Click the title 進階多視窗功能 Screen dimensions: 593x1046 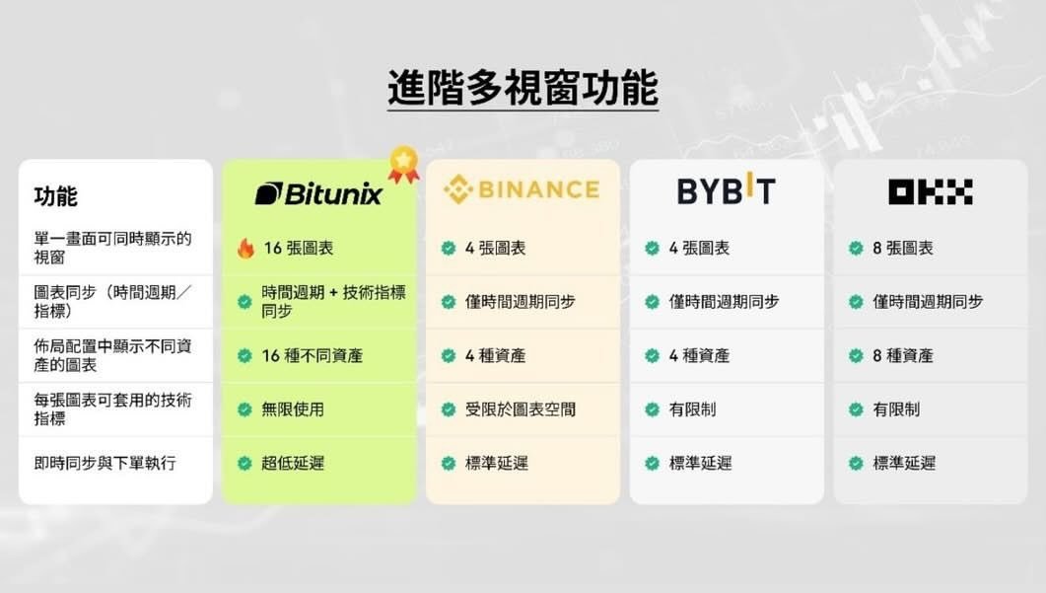pyautogui.click(x=523, y=88)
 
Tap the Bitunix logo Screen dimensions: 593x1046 pyautogui.click(x=318, y=192)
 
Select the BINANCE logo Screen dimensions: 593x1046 pyautogui.click(x=522, y=188)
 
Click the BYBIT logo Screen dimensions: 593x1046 pyautogui.click(x=726, y=189)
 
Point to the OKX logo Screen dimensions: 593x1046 pyautogui.click(x=930, y=191)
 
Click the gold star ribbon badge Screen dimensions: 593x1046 pyautogui.click(x=402, y=164)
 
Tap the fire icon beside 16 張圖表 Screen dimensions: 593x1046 pyautogui.click(x=245, y=249)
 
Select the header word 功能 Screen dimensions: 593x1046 pyautogui.click(x=55, y=195)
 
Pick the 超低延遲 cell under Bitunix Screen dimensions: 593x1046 pyautogui.click(x=293, y=463)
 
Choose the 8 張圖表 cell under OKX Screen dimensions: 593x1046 pyautogui.click(x=902, y=249)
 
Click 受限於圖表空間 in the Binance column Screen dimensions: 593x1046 pyautogui.click(x=520, y=409)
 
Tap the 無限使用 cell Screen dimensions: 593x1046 pyautogui.click(x=293, y=409)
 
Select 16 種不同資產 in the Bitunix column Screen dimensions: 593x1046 pyautogui.click(x=312, y=355)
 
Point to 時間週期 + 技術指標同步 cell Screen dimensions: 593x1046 pyautogui.click(x=333, y=301)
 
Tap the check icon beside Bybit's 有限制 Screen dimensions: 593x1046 pyautogui.click(x=652, y=409)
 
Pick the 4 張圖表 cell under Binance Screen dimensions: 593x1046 pyautogui.click(x=495, y=249)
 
